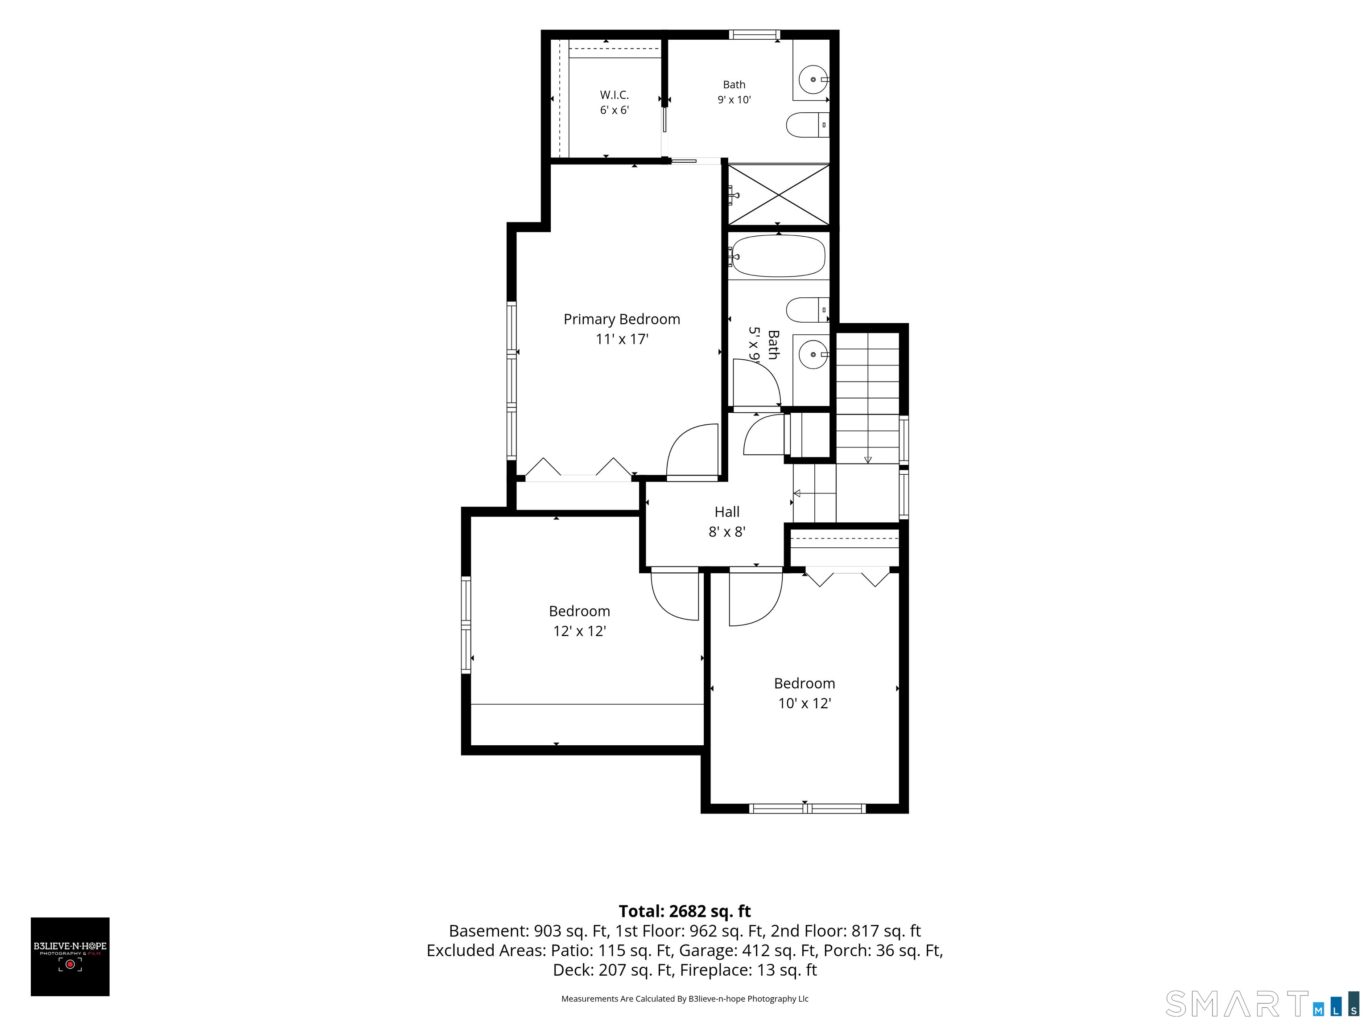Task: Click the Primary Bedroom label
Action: tap(622, 320)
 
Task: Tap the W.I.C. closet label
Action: tap(615, 94)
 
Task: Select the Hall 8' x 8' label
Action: tap(727, 521)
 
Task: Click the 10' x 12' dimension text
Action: tap(805, 703)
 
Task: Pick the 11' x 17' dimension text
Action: tap(622, 339)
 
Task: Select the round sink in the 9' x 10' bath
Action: tap(813, 79)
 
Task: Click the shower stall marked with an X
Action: tap(778, 194)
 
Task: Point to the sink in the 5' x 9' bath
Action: tap(812, 355)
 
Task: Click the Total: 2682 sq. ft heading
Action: tap(685, 911)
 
